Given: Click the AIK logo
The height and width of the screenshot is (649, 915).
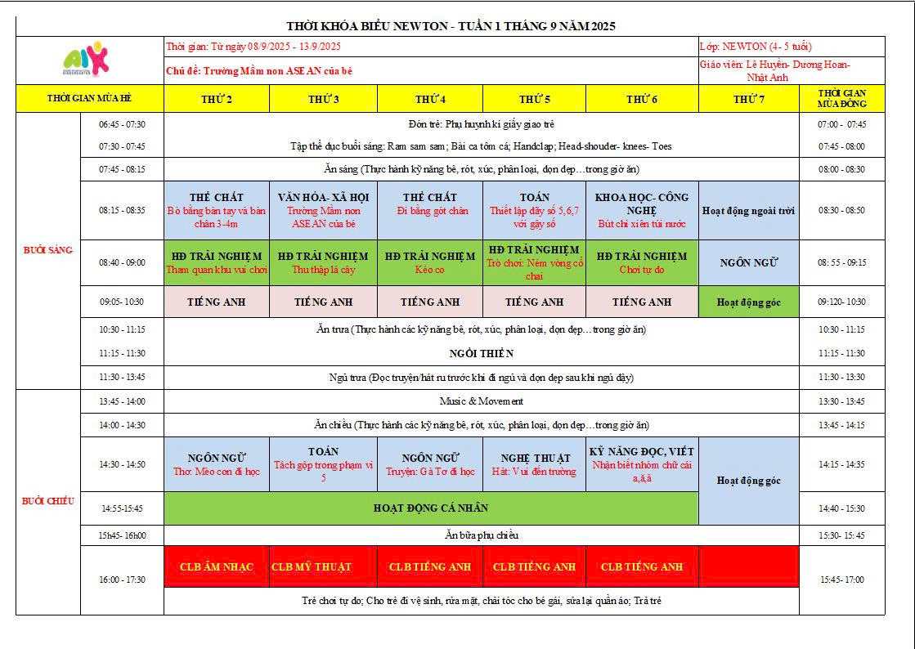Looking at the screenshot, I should point(87,60).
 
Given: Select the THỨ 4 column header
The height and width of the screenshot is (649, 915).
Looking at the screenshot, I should point(430,99).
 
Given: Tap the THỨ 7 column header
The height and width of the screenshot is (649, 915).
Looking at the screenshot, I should point(748,99).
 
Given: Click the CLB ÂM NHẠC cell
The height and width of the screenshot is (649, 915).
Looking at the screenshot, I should point(216,567).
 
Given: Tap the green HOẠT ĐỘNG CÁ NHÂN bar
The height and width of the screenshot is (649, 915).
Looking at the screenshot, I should point(431,508).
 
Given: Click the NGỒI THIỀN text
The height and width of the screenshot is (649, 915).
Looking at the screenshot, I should point(482,353).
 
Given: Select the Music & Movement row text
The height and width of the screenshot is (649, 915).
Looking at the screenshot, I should point(482,401).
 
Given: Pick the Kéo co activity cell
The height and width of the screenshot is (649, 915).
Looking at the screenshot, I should point(430,262).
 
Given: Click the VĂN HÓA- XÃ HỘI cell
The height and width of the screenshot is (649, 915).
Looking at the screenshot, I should point(323,210).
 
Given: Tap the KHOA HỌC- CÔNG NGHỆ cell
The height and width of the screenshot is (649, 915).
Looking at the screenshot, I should point(642,210).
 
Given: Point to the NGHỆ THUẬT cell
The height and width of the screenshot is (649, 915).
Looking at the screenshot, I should point(534,464).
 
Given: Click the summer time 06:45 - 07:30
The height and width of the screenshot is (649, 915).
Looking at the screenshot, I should point(122,124).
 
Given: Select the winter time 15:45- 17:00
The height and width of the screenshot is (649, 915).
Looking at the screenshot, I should point(842,580).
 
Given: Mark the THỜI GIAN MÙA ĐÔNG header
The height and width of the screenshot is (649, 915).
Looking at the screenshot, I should point(842,99).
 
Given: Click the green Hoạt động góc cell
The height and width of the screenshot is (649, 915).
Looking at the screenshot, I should point(748,302).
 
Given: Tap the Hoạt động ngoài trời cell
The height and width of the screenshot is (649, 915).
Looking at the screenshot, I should point(748,210).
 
